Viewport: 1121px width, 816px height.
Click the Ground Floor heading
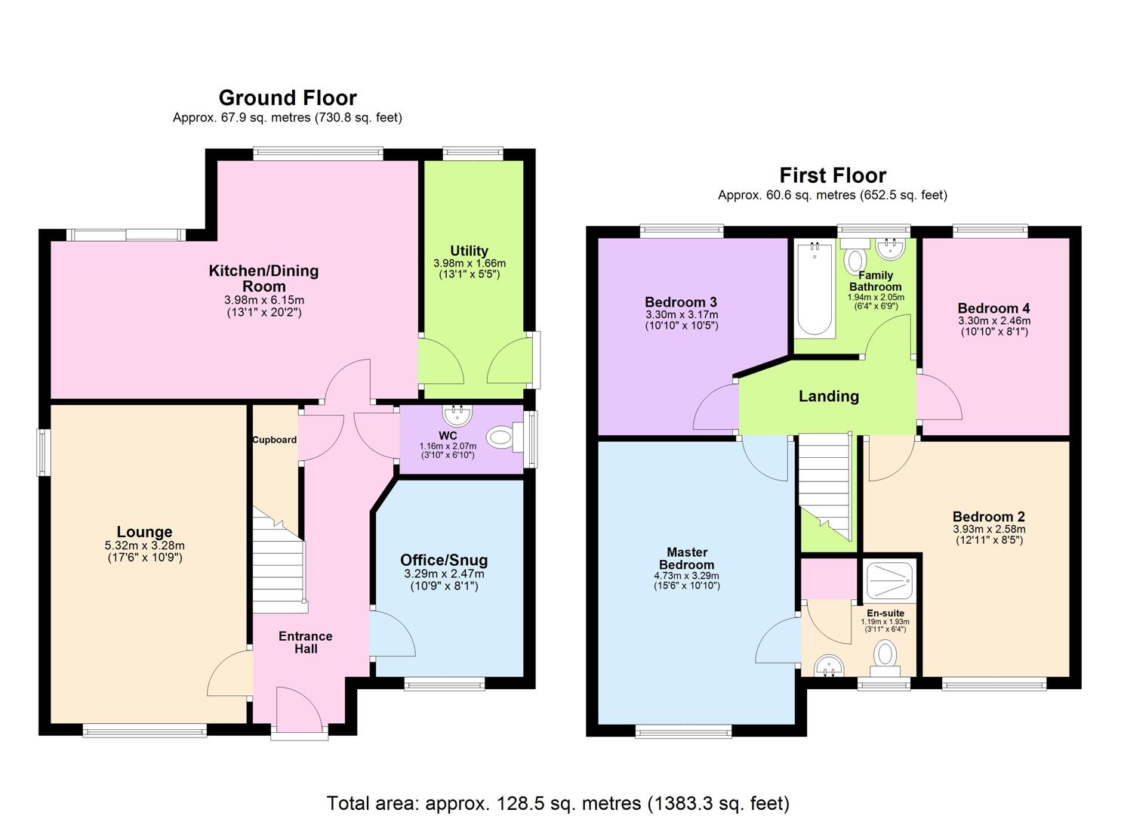[x=287, y=97]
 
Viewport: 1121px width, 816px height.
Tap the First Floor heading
[x=832, y=175]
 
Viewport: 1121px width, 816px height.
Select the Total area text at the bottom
[x=558, y=802]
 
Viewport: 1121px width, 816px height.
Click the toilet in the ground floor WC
[x=501, y=437]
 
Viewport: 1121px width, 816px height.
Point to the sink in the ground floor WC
[x=457, y=415]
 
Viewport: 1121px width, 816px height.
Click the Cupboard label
[x=274, y=440]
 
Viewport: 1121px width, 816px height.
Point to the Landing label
[x=828, y=396]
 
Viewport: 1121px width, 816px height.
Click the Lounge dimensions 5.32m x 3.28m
[x=144, y=546]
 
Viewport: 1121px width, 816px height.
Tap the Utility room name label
[x=469, y=251]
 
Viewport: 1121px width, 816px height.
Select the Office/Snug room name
[x=443, y=560]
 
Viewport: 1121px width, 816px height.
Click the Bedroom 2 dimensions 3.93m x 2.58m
[x=988, y=529]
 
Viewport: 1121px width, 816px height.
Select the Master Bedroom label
[x=686, y=558]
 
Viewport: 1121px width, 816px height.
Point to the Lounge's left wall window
[x=44, y=453]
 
